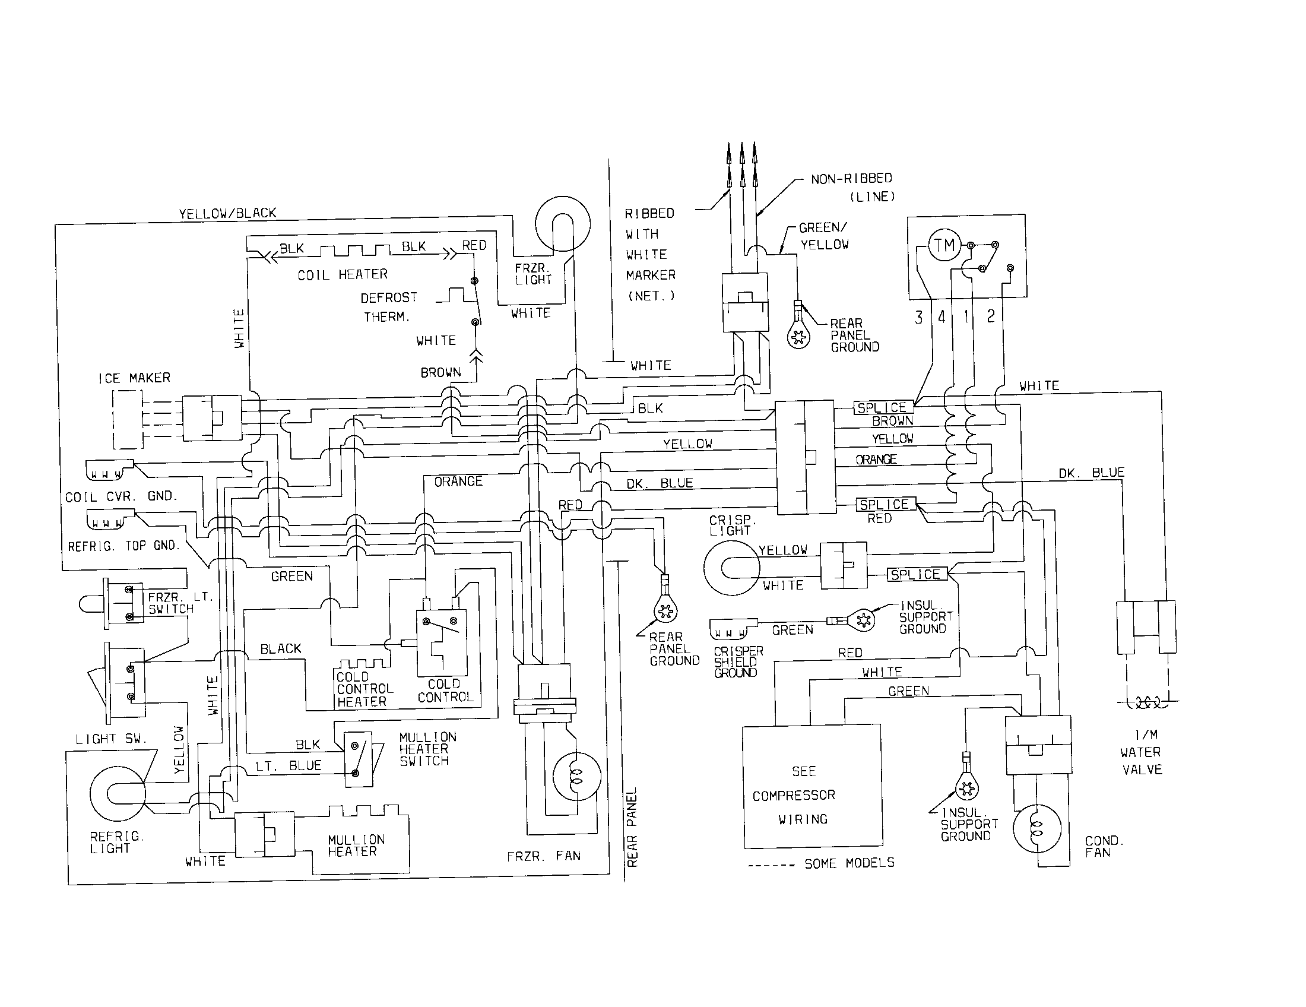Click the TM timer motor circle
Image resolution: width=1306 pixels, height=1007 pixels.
point(944,246)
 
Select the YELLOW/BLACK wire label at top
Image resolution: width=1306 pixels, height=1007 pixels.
point(227,214)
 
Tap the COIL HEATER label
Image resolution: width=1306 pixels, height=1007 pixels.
point(343,274)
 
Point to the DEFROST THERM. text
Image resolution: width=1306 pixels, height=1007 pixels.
point(388,307)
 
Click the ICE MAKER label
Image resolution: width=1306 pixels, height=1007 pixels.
point(134,378)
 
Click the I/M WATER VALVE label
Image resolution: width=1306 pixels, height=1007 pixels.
point(1141,752)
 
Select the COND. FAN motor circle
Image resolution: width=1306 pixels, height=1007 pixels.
point(1037,829)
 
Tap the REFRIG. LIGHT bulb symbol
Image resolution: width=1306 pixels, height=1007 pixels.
point(116,793)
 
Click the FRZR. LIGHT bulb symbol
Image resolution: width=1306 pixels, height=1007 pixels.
point(563,224)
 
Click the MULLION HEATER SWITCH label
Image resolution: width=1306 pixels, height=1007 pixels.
point(427,749)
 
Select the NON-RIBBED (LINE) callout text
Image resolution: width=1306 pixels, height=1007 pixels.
point(852,187)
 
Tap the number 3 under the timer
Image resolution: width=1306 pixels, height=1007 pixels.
point(918,317)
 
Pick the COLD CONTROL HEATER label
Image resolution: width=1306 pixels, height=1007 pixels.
point(364,689)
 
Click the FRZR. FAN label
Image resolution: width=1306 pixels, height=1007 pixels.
point(543,856)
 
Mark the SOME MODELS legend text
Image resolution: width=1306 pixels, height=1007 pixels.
point(849,863)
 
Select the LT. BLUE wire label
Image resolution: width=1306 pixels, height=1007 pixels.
point(289,765)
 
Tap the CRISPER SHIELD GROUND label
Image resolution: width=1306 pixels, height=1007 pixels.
point(738,661)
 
